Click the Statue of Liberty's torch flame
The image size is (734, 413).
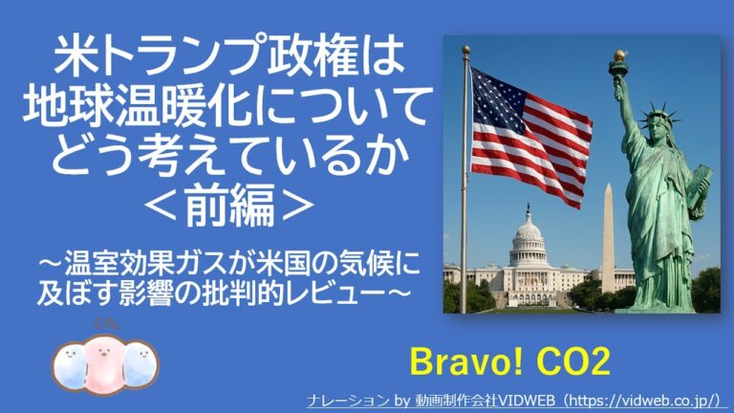click(619, 55)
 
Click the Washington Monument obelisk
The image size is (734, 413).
click(608, 238)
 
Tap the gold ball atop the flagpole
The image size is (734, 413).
click(465, 49)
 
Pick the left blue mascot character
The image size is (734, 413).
click(69, 365)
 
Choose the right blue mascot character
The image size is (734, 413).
click(140, 364)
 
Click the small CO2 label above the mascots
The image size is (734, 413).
click(106, 322)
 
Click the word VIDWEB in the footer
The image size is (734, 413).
click(527, 401)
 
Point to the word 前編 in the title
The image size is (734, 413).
click(229, 206)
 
